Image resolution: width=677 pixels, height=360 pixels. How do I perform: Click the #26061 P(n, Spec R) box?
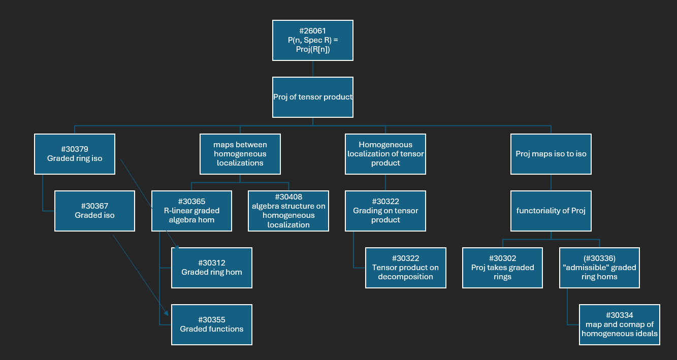312,40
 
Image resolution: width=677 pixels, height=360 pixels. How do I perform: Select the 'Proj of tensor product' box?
312,97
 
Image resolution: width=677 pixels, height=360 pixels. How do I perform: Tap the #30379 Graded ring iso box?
75,154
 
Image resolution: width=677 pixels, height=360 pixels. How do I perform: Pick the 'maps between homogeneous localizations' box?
240,154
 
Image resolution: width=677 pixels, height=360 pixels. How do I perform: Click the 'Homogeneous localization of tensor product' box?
385,154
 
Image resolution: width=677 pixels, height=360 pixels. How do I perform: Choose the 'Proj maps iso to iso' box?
551,154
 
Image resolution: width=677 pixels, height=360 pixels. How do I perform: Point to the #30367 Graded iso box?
95,211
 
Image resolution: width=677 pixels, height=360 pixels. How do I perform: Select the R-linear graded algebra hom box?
192,211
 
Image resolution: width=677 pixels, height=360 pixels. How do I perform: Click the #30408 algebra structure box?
288,211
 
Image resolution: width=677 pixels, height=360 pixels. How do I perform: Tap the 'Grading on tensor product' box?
385,211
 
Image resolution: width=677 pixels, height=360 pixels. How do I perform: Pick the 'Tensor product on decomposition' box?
406,268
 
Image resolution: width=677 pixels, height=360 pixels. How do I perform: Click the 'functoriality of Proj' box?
551,211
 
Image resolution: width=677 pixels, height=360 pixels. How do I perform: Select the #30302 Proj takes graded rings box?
502,268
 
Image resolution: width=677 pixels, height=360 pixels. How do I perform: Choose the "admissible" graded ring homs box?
599,268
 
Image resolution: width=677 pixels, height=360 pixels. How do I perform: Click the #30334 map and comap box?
620,324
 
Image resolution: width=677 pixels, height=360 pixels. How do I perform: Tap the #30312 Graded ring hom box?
212,268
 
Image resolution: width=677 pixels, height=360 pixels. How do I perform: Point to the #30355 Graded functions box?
212,324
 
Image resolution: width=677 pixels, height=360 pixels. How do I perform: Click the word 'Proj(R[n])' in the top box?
312,49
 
